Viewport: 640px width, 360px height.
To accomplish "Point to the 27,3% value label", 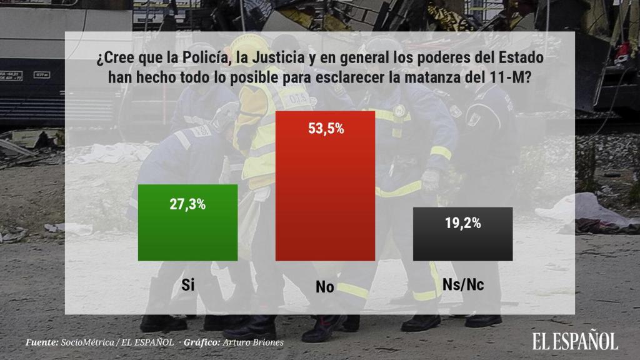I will [x=187, y=204].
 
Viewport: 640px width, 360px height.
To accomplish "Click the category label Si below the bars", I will [x=187, y=285].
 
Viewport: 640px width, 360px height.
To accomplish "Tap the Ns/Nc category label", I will [x=463, y=285].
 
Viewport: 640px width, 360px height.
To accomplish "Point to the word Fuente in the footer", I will [x=41, y=342].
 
